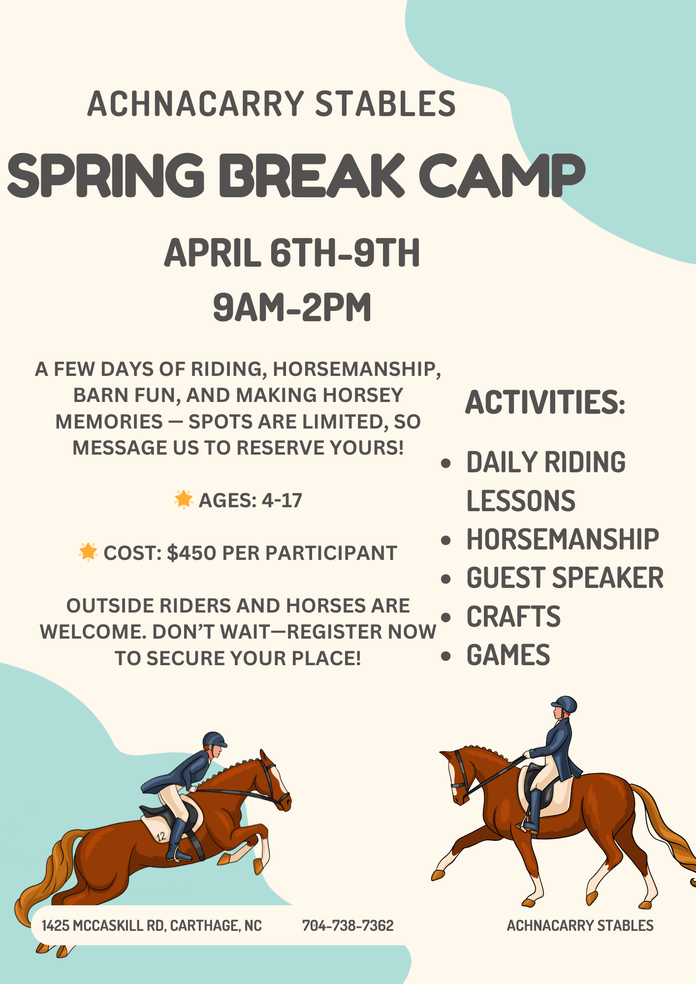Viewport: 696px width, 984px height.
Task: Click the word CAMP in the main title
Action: click(x=502, y=175)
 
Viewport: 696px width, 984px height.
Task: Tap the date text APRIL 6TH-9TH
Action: click(x=292, y=253)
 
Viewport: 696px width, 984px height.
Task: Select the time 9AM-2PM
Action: click(x=292, y=307)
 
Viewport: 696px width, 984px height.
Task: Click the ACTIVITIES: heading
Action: click(x=545, y=402)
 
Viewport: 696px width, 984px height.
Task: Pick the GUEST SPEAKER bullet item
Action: click(x=565, y=578)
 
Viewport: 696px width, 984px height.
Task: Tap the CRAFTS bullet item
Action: click(x=513, y=616)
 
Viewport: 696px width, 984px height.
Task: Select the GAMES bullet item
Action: click(x=508, y=655)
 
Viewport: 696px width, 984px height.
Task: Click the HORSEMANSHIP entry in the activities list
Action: click(x=562, y=539)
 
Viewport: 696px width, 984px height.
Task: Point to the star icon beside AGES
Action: click(x=184, y=499)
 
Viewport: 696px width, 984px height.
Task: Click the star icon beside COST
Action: click(x=88, y=552)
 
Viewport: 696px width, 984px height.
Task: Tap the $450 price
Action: click(x=191, y=553)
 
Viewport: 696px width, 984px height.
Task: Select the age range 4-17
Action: click(x=282, y=500)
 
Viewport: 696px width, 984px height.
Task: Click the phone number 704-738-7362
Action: click(x=348, y=925)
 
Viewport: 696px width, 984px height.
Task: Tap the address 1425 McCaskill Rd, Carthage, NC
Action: click(x=152, y=925)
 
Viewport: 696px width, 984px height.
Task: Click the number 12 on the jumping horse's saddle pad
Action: click(x=161, y=836)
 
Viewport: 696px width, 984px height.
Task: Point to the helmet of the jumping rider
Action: click(x=214, y=739)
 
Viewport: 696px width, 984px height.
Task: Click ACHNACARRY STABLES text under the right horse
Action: click(x=580, y=925)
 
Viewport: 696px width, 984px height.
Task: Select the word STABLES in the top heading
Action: click(x=385, y=104)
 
